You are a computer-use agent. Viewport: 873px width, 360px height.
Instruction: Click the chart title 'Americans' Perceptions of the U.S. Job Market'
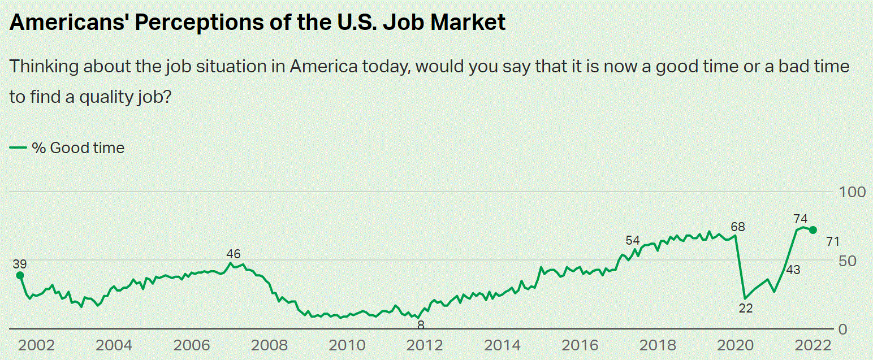(x=258, y=22)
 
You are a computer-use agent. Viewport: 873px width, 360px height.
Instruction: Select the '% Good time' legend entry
(x=67, y=148)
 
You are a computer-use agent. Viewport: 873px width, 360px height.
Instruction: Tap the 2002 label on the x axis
(x=37, y=346)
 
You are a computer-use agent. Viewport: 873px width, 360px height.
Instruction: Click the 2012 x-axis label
(x=421, y=346)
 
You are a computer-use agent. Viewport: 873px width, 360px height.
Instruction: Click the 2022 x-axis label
(x=813, y=346)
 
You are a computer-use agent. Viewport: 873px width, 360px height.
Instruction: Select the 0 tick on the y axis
(x=843, y=329)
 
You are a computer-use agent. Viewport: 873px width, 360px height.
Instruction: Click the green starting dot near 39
(x=20, y=275)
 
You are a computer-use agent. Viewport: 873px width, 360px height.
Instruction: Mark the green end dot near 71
(x=813, y=230)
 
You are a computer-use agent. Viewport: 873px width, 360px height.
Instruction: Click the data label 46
(x=234, y=254)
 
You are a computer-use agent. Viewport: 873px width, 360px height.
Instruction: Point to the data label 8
(x=421, y=325)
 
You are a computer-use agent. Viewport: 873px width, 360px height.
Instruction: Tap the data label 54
(x=632, y=241)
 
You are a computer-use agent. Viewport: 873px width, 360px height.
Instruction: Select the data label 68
(x=738, y=227)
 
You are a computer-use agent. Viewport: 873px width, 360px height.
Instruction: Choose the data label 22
(x=746, y=308)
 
